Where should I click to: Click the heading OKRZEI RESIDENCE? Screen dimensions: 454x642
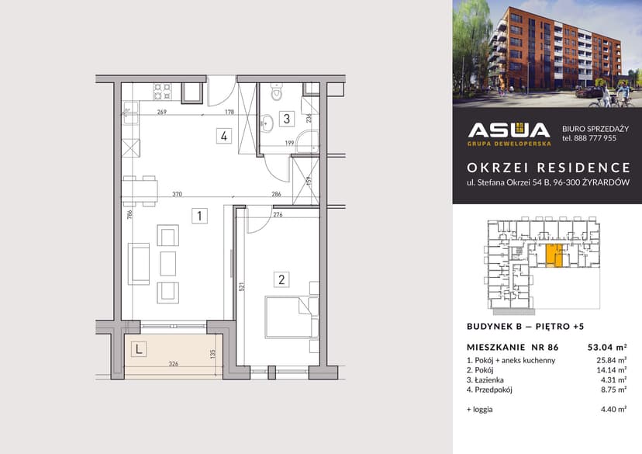548,168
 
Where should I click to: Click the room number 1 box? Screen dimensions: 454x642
200,215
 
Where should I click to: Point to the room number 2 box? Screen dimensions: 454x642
282,279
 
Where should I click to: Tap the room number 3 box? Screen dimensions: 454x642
286,119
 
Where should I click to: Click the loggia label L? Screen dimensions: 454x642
139,349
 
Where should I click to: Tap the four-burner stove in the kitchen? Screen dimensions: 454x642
162,92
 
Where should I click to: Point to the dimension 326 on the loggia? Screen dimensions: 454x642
174,363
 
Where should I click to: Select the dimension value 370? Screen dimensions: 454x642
177,195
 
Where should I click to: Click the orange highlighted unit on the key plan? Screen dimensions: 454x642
553,255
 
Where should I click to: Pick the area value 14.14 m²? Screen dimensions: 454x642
613,371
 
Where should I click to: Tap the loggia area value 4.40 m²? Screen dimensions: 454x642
613,408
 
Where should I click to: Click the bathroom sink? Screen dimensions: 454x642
266,120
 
